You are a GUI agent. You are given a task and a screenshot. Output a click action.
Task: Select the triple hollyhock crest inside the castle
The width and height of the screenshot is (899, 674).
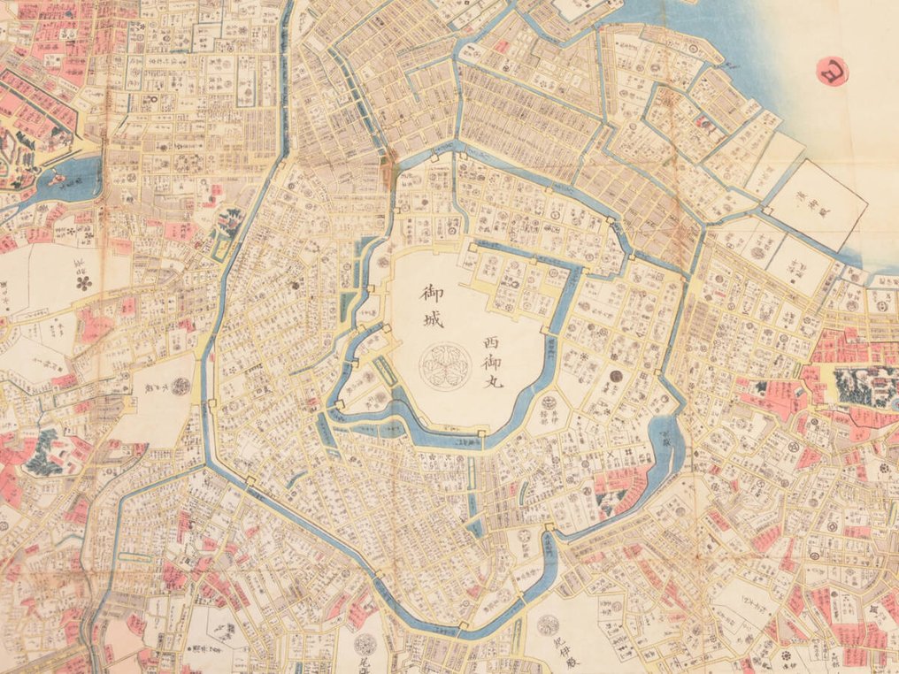[x=441, y=362]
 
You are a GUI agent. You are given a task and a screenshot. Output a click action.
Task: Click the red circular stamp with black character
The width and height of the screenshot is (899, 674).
[x=833, y=71]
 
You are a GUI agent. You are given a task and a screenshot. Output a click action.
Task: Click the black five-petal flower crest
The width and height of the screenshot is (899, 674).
[x=84, y=281]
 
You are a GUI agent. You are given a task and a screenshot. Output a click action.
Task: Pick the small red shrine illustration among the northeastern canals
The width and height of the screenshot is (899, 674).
[x=500, y=46]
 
